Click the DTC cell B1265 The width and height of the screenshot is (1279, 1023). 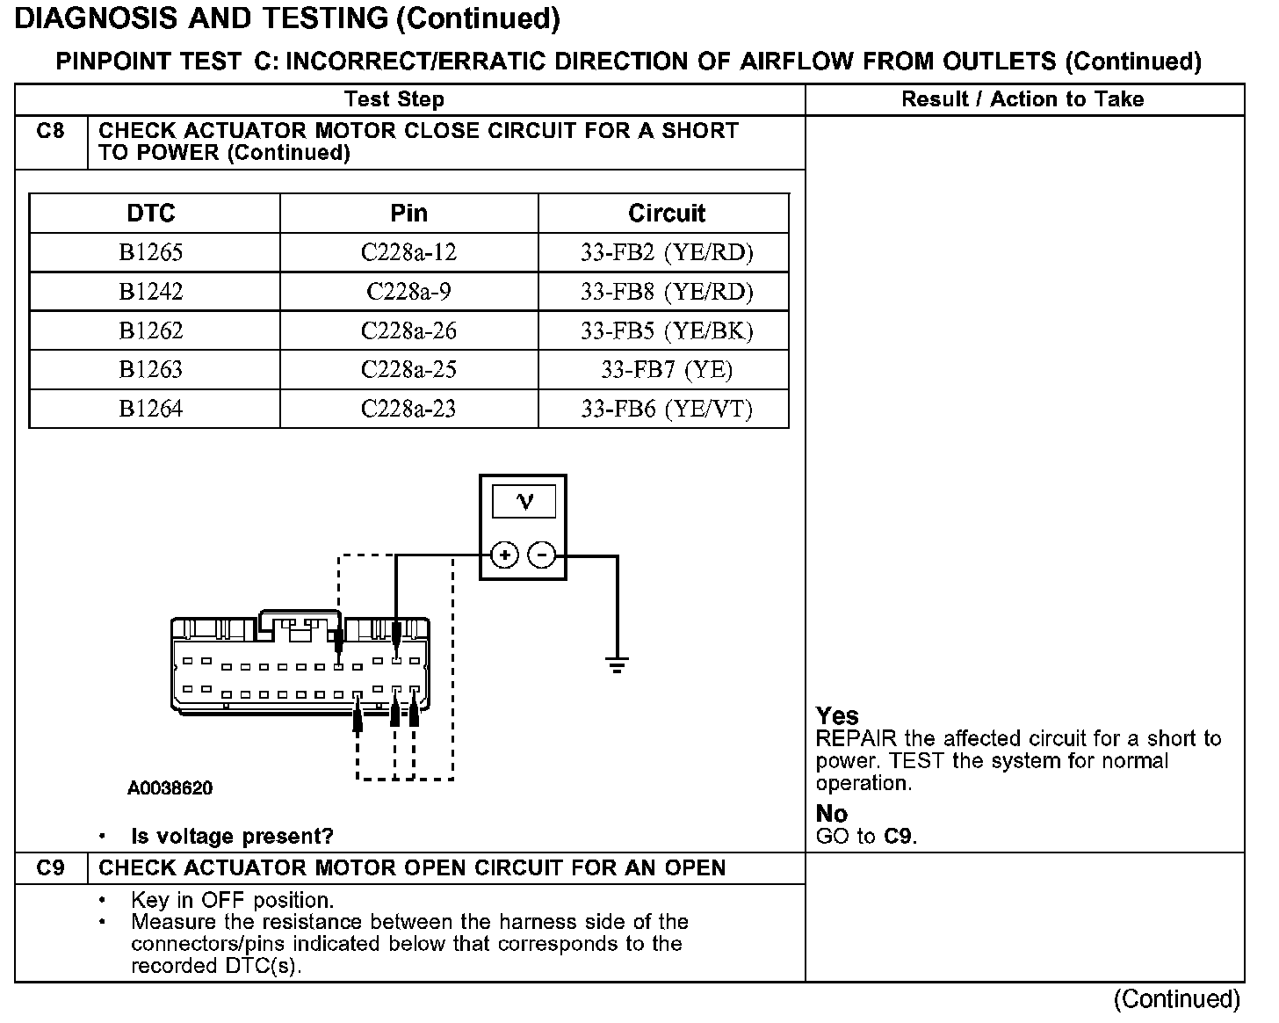tap(151, 253)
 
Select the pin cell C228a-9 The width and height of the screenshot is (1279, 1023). tap(408, 292)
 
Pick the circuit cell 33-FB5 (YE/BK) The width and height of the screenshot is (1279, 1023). tap(667, 330)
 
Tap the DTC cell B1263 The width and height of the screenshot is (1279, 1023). tap(151, 369)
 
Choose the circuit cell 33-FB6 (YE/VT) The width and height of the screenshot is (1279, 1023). tap(667, 409)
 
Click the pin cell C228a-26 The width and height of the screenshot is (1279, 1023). tap(408, 330)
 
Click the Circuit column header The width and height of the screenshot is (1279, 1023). tap(667, 214)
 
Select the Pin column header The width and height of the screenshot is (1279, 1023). tap(408, 214)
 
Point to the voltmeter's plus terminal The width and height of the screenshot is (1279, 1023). tap(504, 555)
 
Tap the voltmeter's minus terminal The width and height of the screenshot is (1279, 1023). tap(542, 555)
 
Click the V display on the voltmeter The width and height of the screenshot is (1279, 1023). tap(524, 501)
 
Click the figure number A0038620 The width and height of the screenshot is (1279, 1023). tap(170, 788)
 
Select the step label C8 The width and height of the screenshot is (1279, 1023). tap(51, 132)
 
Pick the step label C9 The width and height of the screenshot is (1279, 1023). tap(51, 868)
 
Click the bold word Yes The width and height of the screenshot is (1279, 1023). tap(837, 715)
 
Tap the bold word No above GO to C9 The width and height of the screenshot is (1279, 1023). tap(831, 813)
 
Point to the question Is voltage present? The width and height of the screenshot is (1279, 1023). tap(232, 836)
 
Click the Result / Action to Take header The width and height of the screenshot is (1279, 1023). tap(1022, 99)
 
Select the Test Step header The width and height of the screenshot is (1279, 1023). tap(394, 99)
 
